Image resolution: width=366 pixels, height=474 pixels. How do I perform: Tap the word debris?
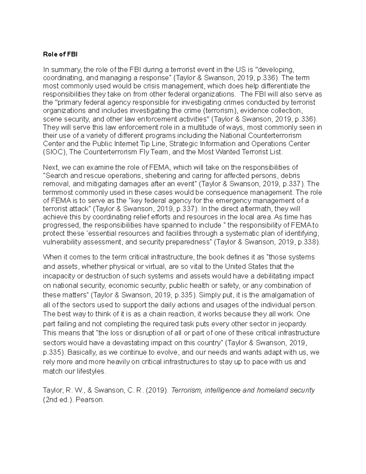tap(290, 175)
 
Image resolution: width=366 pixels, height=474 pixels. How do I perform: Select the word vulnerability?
tap(61, 242)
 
